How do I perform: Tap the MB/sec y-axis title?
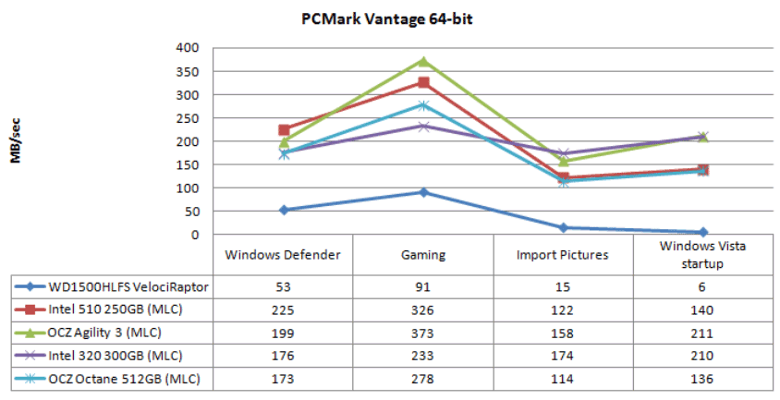point(16,140)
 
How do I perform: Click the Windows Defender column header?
point(283,255)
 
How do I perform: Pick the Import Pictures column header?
point(563,255)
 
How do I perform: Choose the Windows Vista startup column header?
point(703,255)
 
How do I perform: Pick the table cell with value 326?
point(423,310)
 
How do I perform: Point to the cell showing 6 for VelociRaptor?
point(703,287)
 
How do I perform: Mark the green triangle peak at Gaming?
point(423,61)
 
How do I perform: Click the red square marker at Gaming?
point(423,83)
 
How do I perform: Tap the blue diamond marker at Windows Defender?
point(284,210)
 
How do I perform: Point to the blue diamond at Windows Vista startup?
point(703,232)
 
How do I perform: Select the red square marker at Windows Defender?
point(284,130)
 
